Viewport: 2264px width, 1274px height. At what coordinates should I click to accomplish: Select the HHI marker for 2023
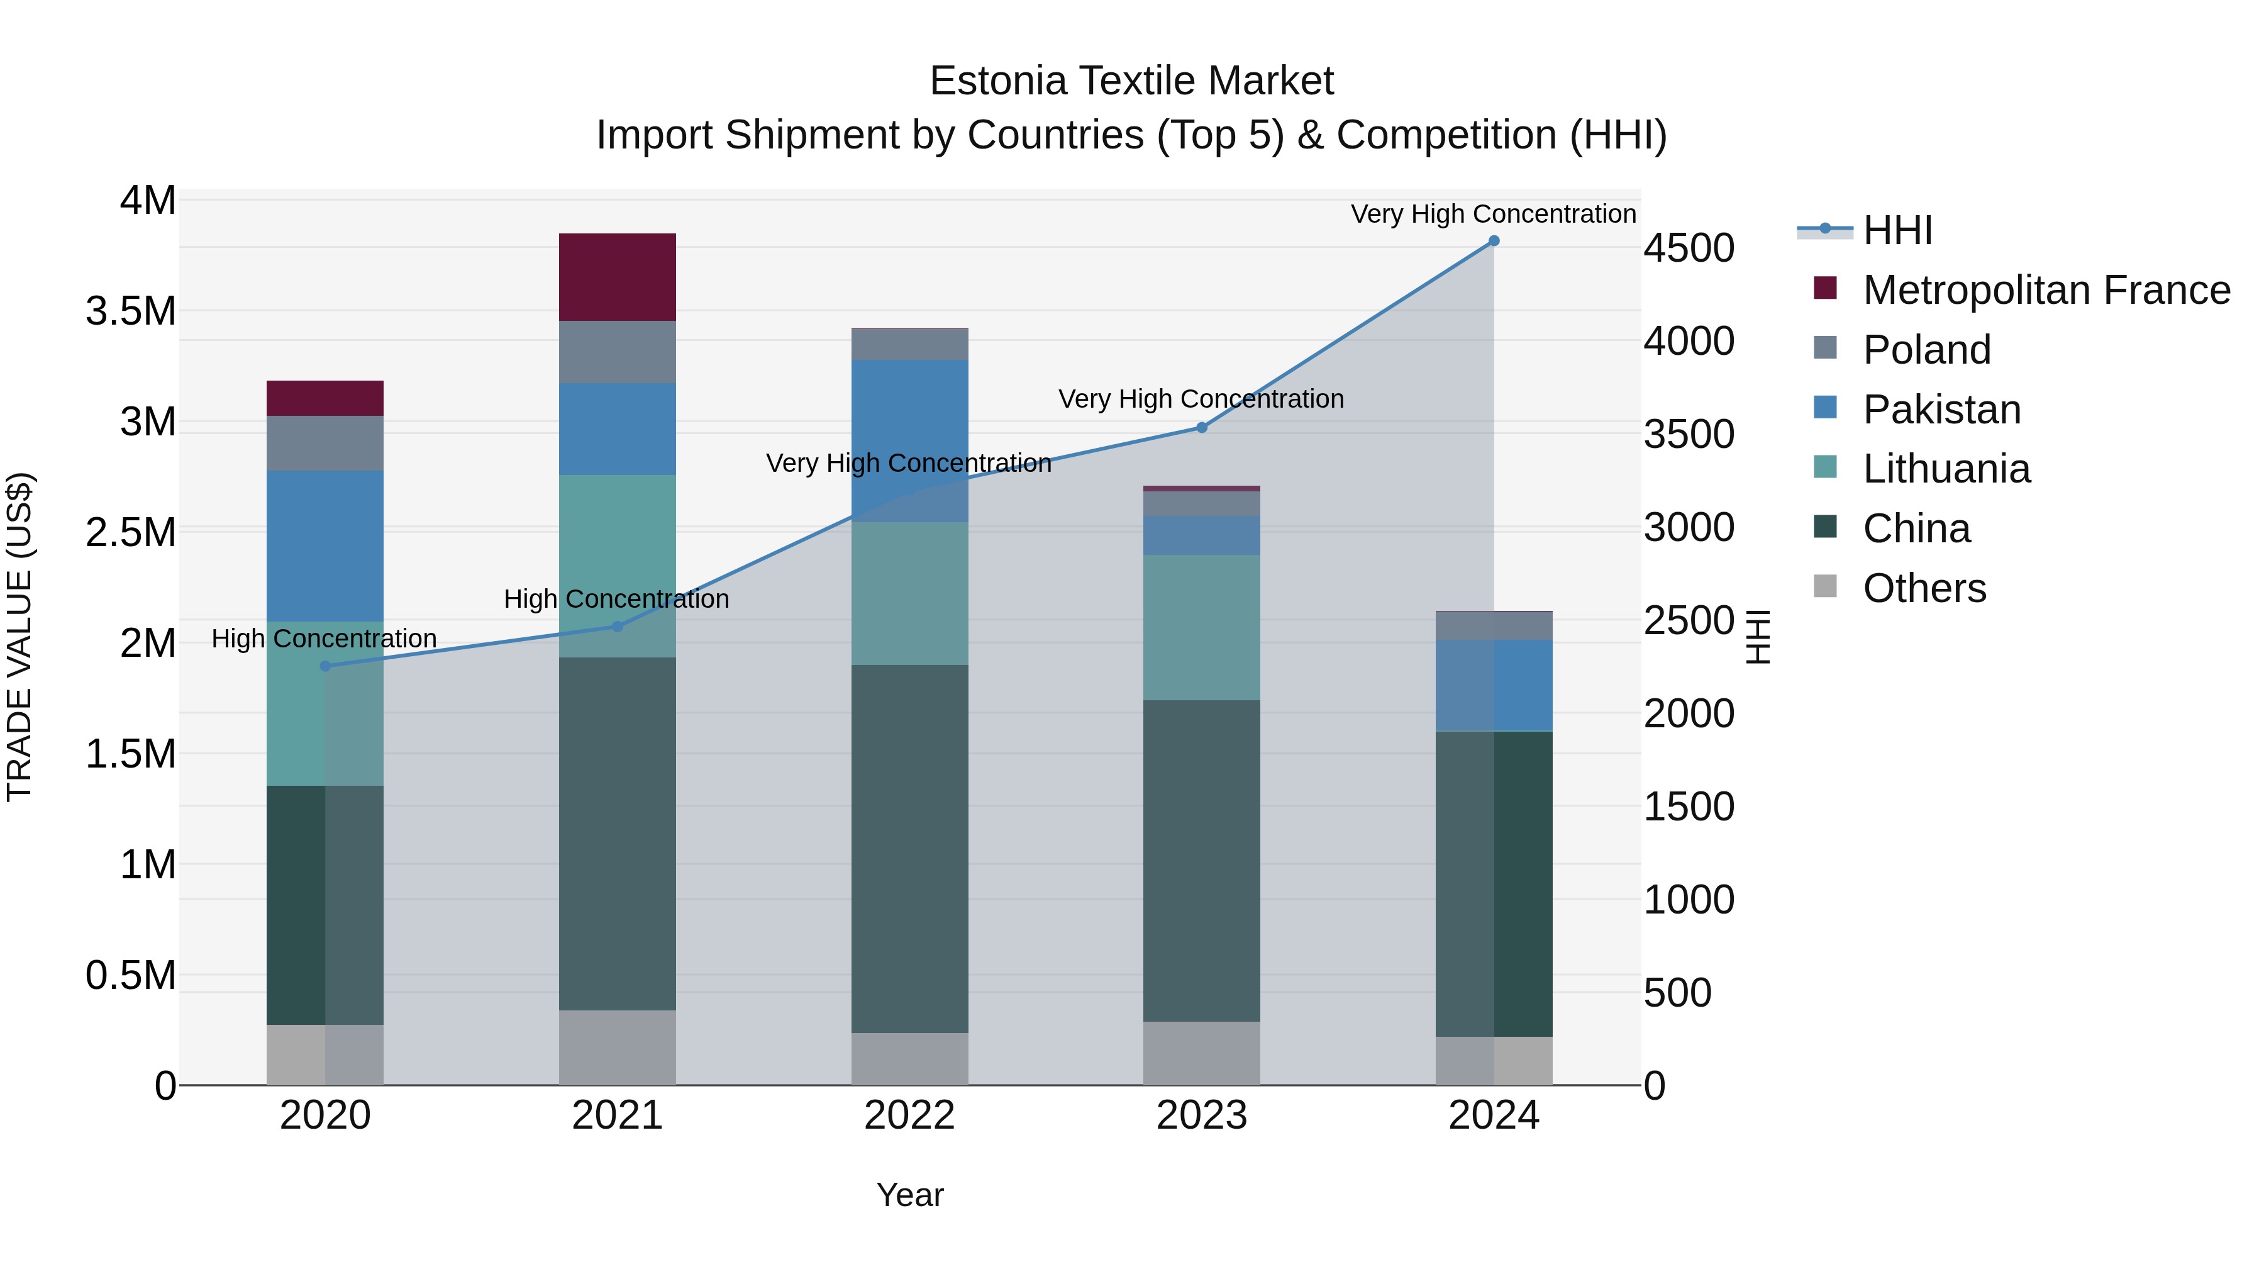click(x=1201, y=428)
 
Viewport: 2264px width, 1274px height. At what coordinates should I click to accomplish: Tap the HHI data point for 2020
click(x=325, y=666)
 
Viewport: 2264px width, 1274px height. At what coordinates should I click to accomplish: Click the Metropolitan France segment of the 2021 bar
click(x=617, y=277)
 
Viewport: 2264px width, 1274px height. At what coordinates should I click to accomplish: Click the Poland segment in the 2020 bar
click(x=325, y=443)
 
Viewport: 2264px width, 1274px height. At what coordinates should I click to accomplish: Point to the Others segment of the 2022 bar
click(x=909, y=1059)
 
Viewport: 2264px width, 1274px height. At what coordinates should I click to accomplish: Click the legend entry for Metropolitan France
click(x=2045, y=290)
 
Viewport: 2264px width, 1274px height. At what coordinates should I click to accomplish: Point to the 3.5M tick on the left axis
click(x=131, y=311)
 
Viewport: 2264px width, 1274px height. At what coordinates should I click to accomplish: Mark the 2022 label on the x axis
click(x=909, y=1115)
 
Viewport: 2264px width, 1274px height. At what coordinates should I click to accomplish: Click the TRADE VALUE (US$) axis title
click(x=19, y=637)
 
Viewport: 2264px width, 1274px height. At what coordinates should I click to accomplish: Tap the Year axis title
click(x=909, y=1195)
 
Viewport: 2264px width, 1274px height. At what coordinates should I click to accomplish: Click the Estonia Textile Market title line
click(x=1131, y=81)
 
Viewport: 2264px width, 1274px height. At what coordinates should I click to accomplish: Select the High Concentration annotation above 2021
click(x=616, y=599)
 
